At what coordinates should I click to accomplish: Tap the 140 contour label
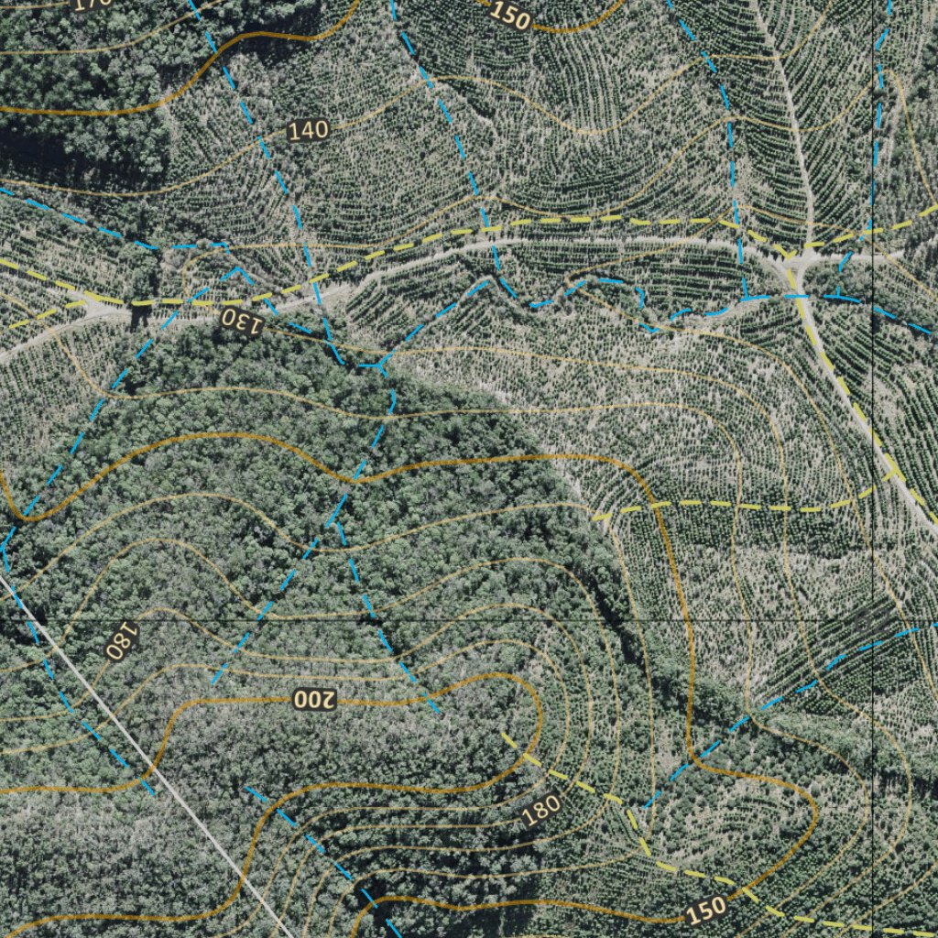tap(308, 130)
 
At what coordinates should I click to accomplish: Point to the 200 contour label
tap(315, 700)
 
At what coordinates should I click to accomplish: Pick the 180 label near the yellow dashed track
tap(540, 809)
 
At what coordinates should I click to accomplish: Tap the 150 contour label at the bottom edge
tap(705, 910)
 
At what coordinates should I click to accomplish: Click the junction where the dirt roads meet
tap(795, 260)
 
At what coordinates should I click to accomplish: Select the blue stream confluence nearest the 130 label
tap(376, 365)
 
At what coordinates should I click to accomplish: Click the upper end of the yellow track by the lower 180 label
tap(503, 734)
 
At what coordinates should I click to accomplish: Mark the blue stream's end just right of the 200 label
tap(438, 712)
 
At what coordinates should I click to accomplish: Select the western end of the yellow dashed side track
tap(597, 518)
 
